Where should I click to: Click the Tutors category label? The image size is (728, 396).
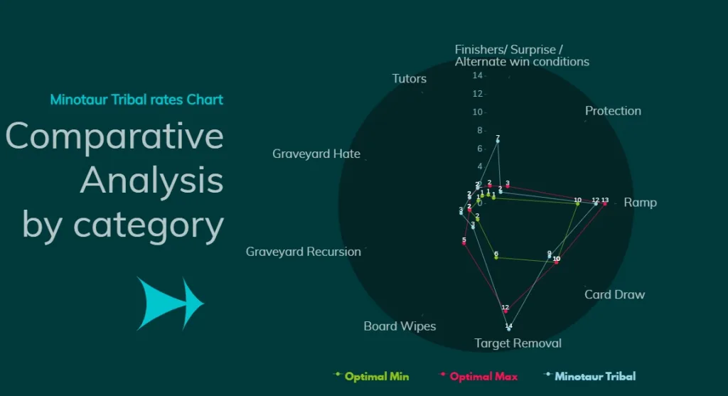409,79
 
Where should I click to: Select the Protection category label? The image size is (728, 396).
613,111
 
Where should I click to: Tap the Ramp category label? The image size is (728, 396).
640,203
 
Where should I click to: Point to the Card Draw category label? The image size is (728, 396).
614,294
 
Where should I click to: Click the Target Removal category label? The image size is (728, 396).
518,343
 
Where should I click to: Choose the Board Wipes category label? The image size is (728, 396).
400,326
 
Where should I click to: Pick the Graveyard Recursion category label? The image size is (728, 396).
304,252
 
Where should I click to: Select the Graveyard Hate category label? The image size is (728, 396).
316,154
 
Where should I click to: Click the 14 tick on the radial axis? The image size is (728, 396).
478,75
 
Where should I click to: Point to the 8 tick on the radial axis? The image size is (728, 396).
479,130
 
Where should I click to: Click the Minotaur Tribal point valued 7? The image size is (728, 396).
498,141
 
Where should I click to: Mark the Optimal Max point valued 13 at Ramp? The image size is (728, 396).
604,204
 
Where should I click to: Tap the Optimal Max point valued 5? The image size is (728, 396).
464,244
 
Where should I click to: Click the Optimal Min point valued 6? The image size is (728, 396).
496,257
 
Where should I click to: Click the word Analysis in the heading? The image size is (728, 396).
151,180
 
